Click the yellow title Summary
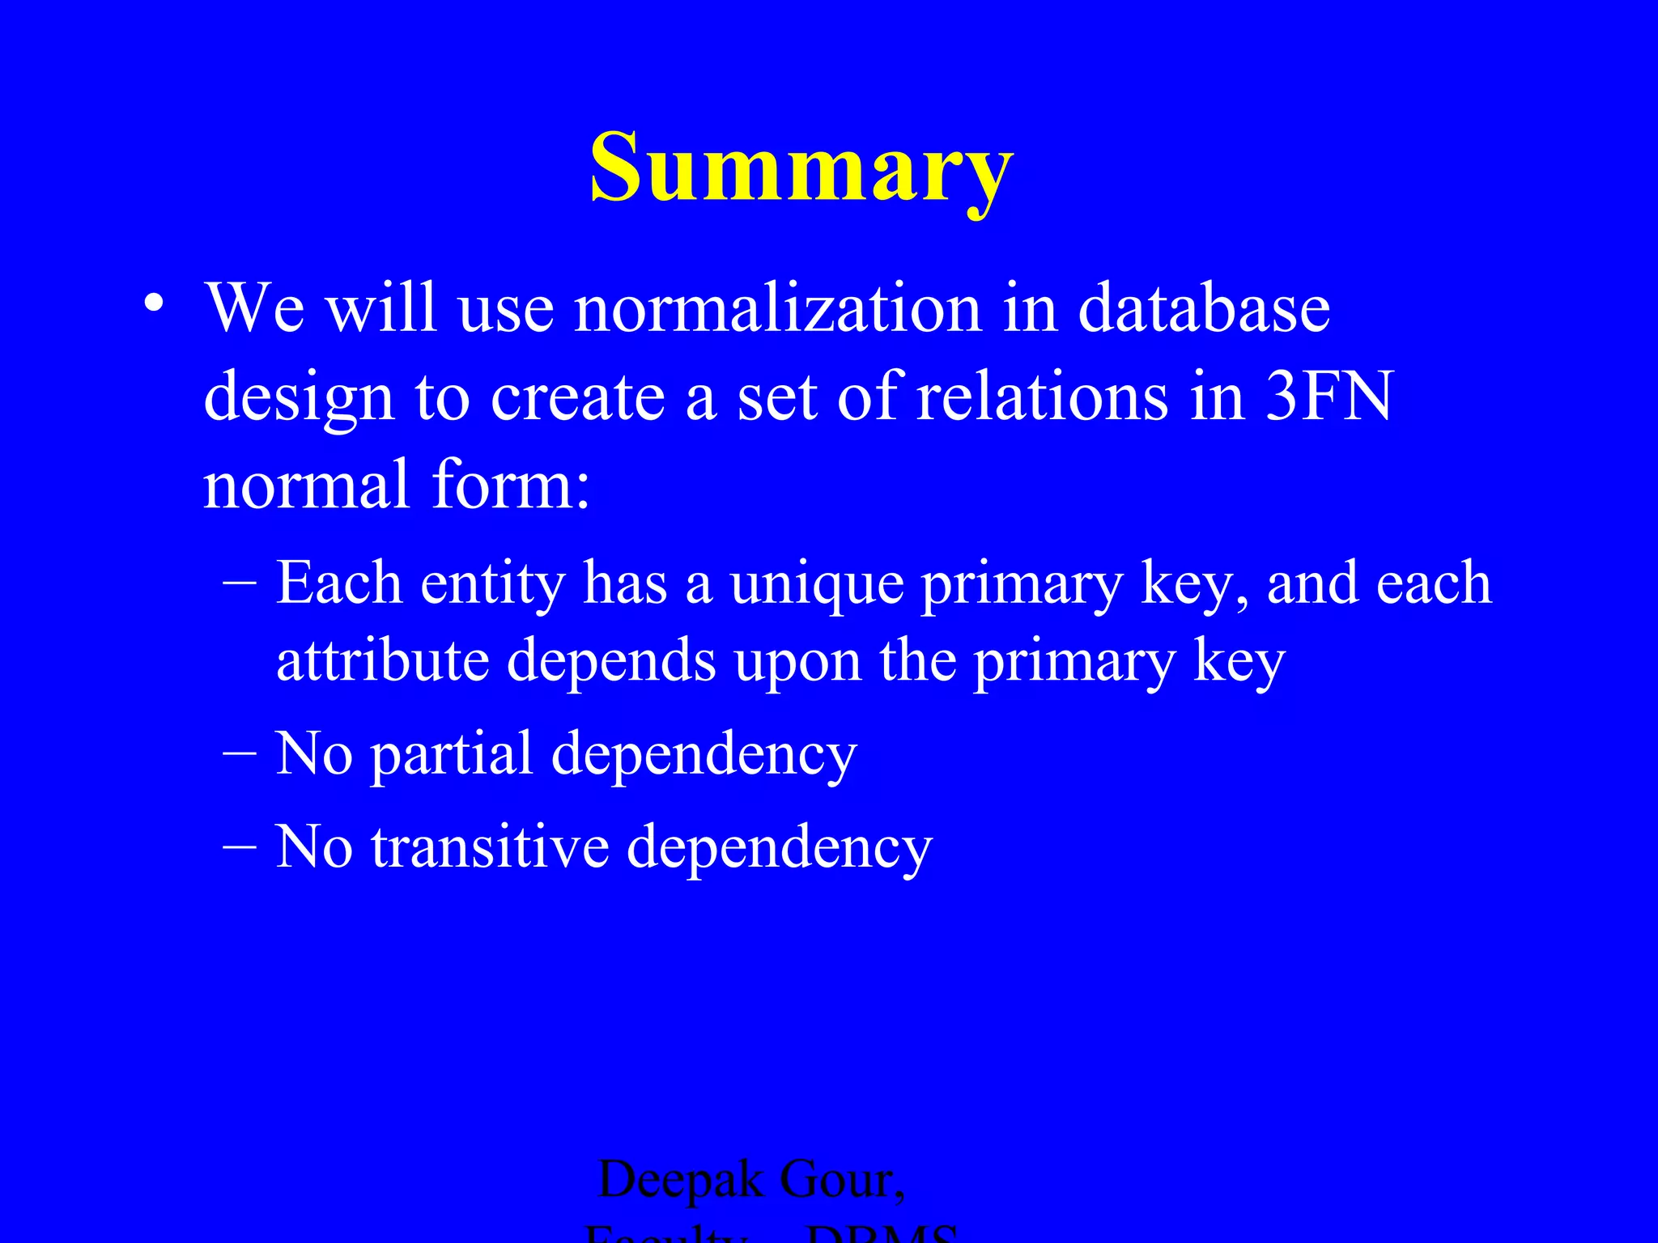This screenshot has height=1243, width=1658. coord(801,168)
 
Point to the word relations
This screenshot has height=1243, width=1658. coord(1042,396)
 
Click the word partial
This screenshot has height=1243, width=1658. coord(452,755)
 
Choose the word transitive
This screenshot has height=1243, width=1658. coord(490,846)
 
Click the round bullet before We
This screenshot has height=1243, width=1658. coord(154,306)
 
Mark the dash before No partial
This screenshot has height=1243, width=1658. coord(239,753)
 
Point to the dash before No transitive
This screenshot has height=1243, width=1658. coord(239,846)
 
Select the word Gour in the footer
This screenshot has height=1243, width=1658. coord(842,1180)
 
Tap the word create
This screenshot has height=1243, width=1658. coord(577,397)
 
